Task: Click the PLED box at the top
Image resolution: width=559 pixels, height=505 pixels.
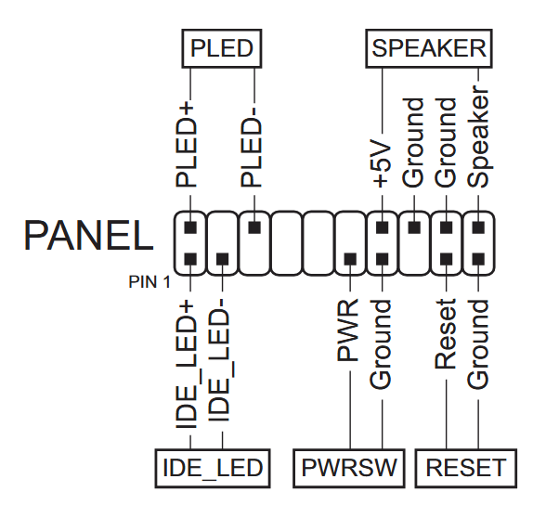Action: tap(222, 48)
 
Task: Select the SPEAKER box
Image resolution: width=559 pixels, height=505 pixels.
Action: tap(429, 48)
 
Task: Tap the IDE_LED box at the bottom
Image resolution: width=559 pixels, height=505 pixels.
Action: tap(213, 468)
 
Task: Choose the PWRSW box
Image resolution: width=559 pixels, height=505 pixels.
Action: tap(349, 468)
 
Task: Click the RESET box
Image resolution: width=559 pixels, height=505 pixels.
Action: tap(466, 468)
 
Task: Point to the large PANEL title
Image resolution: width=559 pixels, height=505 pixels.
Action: tap(89, 236)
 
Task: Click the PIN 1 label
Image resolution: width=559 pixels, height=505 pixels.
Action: tap(149, 282)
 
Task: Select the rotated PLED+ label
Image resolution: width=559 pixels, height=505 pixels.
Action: tap(186, 146)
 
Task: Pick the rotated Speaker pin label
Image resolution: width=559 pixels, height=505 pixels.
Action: tap(478, 136)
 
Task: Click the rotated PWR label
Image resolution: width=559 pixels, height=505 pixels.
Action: tap(347, 330)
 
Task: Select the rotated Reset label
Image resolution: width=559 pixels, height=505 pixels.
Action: tap(446, 334)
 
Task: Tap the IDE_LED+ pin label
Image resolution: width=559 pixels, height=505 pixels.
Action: tap(186, 365)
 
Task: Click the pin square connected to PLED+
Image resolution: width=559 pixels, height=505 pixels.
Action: tap(190, 227)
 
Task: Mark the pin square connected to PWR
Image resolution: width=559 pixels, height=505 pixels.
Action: tap(350, 259)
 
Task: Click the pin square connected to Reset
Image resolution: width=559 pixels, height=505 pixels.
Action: tap(447, 259)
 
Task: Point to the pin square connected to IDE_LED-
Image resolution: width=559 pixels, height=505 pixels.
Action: tap(223, 259)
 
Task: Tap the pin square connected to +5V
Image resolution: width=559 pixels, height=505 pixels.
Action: tap(383, 227)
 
